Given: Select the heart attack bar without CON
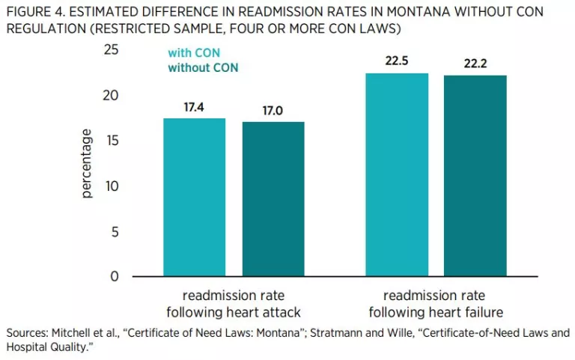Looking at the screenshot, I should point(273,199).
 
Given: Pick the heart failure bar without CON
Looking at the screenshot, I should point(475,176).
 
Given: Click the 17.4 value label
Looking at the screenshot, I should point(195,107).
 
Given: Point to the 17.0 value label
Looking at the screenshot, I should point(273,111).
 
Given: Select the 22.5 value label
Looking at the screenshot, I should point(397,61).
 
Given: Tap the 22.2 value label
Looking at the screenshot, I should point(475,64).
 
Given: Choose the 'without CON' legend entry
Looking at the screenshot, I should point(203,67).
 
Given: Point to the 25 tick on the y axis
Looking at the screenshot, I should point(112,49).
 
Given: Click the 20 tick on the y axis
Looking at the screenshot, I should point(112,95).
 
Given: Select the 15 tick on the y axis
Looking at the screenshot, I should point(112,141).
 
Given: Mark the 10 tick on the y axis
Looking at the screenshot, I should point(112,186).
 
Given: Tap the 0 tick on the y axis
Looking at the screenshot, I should point(115,276).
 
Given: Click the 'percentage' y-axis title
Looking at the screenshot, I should point(87,163).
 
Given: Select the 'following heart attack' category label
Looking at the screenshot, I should point(234,311).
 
